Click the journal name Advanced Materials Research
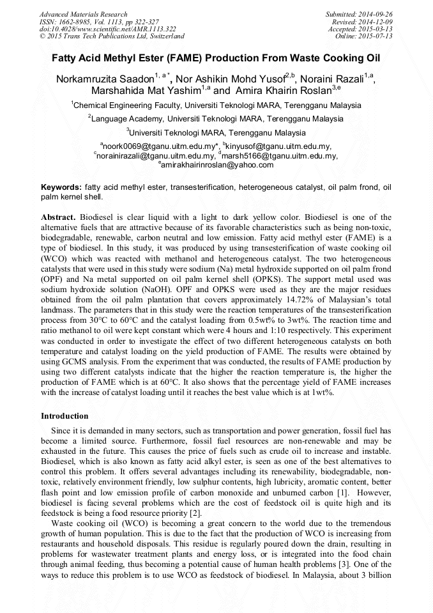coord(83,14)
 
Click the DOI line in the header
coord(107,29)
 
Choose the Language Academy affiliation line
coord(217,119)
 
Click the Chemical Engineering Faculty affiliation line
coord(217,105)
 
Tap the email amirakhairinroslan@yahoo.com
coord(217,165)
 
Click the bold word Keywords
coord(61,188)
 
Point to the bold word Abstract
coord(59,217)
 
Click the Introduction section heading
coord(65,416)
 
